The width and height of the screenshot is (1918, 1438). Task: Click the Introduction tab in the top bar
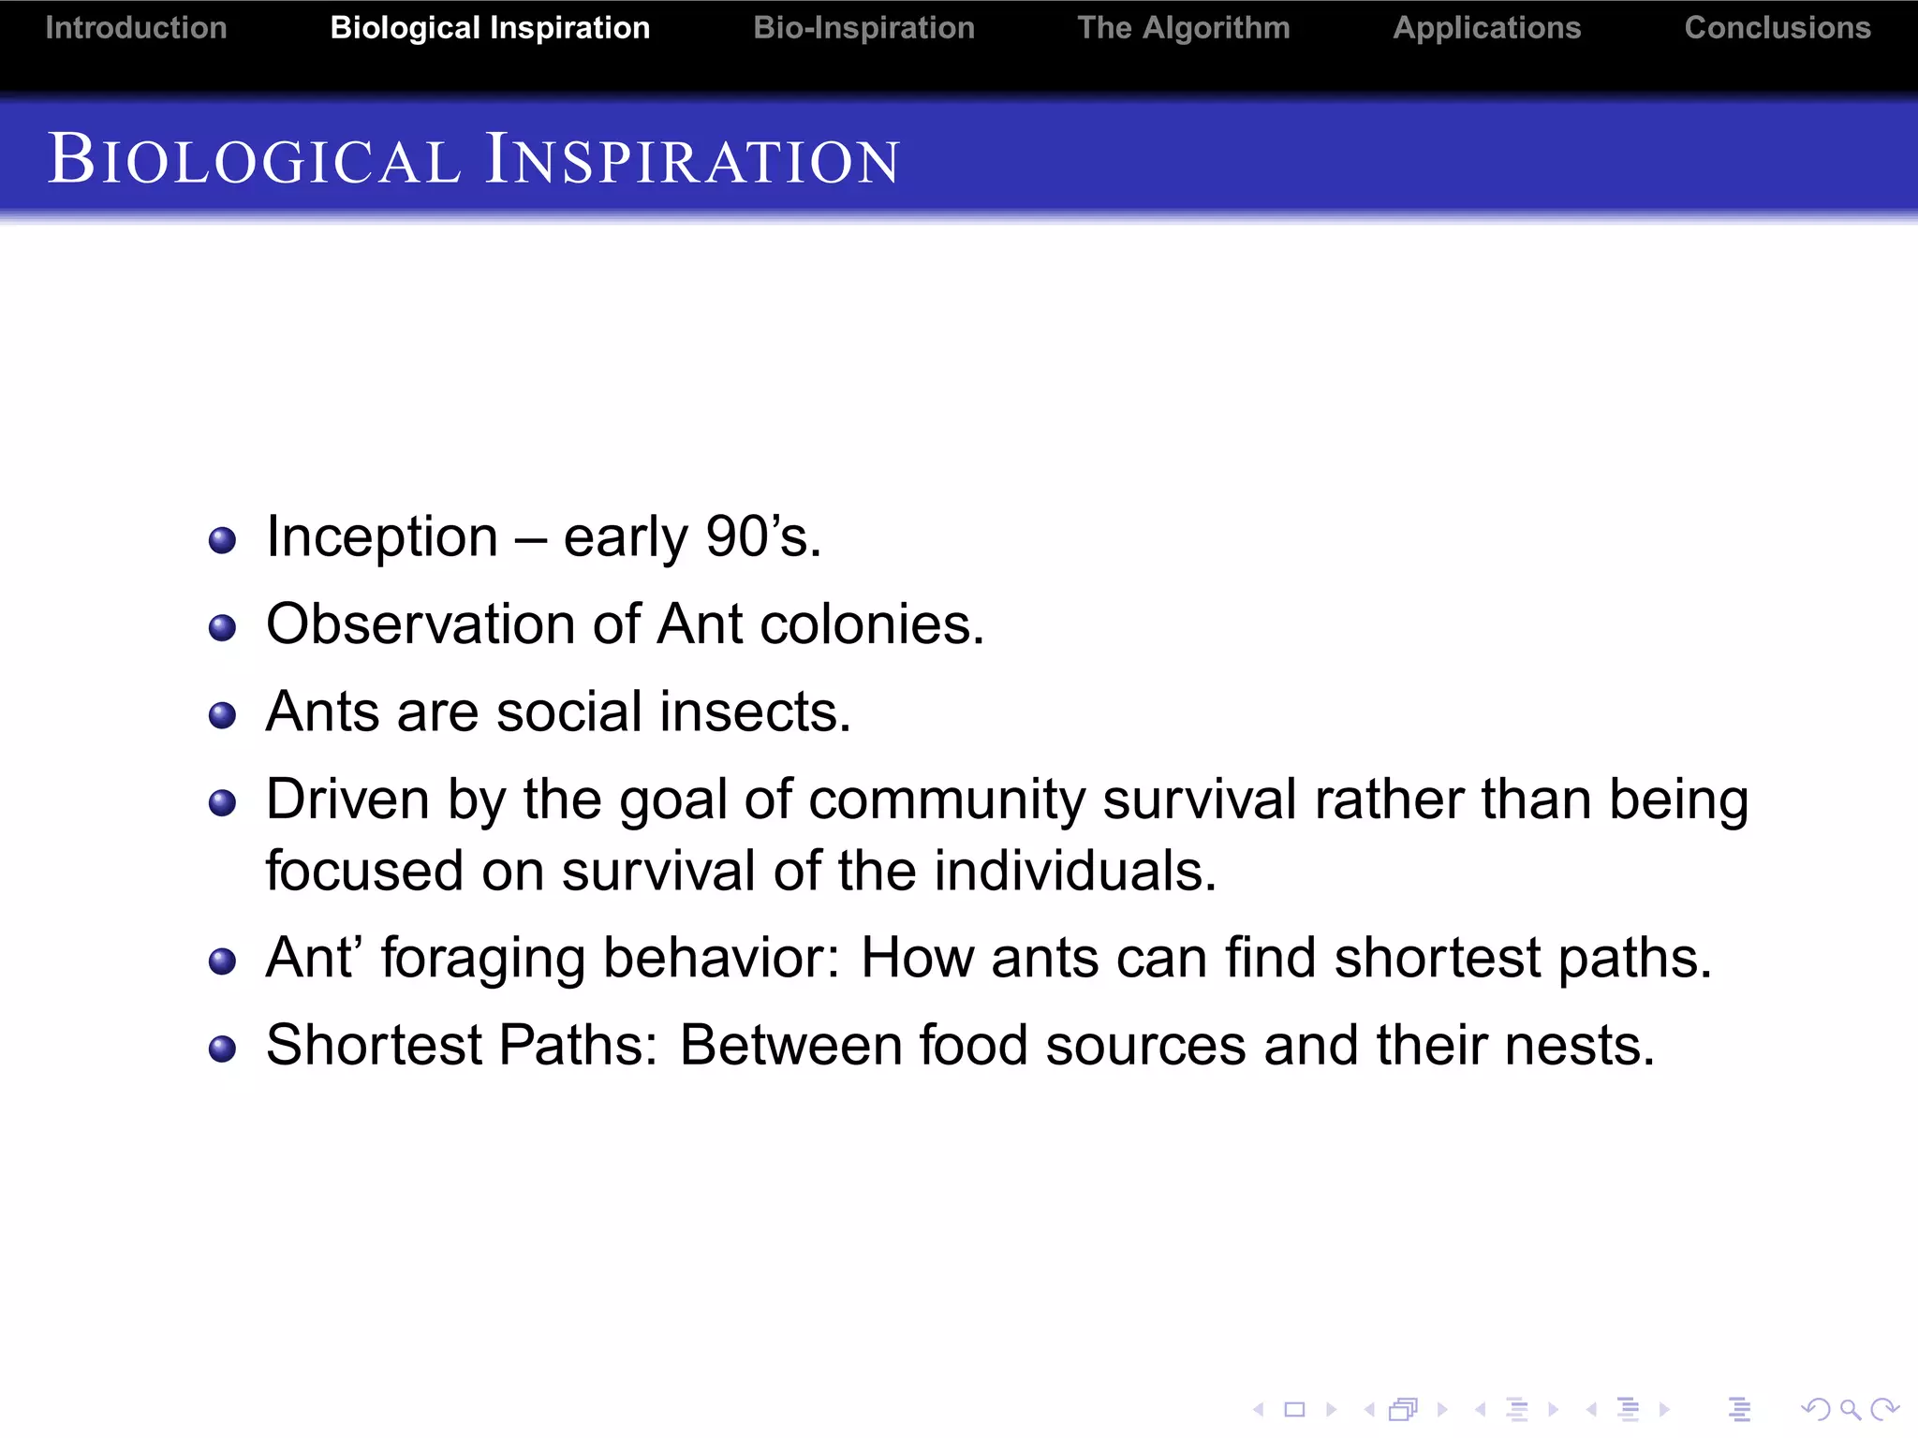136,28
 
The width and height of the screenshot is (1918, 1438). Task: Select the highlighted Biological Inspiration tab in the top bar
490,28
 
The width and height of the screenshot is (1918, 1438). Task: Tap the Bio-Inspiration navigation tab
863,28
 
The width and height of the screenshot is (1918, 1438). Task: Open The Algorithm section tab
1183,28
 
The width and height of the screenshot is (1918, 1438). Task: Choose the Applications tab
1486,28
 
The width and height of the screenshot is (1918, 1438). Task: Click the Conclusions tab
1777,28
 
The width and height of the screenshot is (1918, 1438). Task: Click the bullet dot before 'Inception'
222,540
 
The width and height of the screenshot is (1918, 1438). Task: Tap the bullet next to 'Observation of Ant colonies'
222,627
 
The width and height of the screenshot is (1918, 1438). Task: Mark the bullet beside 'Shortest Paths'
222,1049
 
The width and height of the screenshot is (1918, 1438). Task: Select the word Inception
381,537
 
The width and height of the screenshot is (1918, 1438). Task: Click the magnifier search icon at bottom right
1849,1408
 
